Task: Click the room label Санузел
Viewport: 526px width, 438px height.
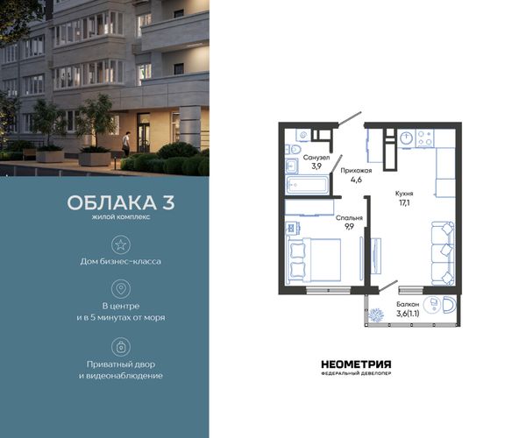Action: (316, 157)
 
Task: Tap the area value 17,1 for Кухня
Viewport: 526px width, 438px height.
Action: (404, 203)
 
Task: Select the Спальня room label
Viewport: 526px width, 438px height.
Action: (349, 218)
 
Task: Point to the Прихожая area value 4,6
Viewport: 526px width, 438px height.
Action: (356, 180)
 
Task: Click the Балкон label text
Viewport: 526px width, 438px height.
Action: (408, 304)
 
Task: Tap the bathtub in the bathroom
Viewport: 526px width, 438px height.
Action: (307, 185)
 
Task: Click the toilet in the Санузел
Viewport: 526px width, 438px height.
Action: (293, 149)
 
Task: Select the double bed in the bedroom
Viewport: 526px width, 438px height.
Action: (313, 259)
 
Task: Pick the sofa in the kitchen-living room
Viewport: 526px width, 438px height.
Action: (443, 253)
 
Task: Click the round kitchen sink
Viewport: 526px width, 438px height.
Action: (406, 138)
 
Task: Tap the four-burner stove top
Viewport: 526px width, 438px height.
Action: (424, 138)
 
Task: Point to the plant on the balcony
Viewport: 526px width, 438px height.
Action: (376, 315)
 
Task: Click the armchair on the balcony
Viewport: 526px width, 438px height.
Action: (449, 305)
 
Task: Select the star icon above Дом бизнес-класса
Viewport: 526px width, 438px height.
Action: (121, 244)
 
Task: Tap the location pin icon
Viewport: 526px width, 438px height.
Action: (121, 289)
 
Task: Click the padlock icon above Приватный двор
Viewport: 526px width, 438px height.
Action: (121, 347)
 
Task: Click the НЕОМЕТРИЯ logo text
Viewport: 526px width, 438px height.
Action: (356, 364)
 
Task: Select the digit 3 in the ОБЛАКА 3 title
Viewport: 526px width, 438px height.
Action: (168, 202)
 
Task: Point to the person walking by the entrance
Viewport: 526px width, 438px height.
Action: (125, 145)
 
